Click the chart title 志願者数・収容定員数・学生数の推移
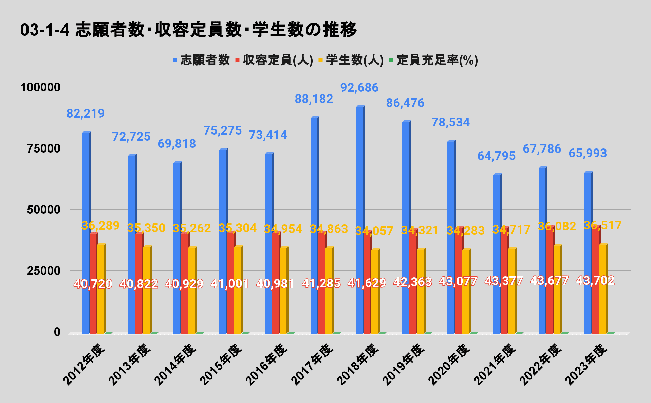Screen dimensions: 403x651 [x=188, y=30]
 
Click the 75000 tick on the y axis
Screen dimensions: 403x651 [x=40, y=148]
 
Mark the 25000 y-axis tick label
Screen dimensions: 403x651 [x=40, y=271]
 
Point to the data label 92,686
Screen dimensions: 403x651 [x=359, y=88]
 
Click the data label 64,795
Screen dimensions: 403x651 [x=496, y=156]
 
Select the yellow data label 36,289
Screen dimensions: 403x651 [x=100, y=225]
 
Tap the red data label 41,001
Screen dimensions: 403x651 [x=230, y=284]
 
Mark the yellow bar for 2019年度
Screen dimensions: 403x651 [x=421, y=291]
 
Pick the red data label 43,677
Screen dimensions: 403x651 [x=549, y=281]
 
